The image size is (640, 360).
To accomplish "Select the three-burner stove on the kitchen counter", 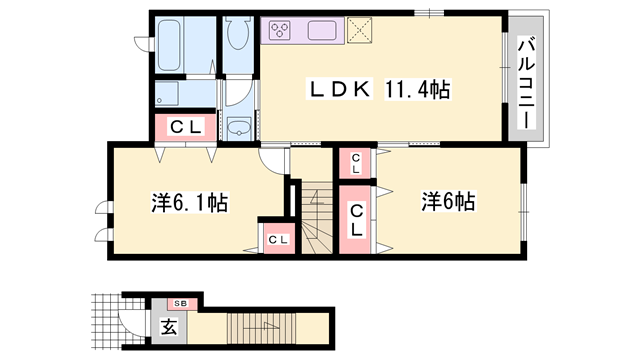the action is click(280, 29).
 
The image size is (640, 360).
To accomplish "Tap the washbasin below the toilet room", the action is click(239, 129).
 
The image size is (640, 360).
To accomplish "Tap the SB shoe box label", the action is click(181, 301).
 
